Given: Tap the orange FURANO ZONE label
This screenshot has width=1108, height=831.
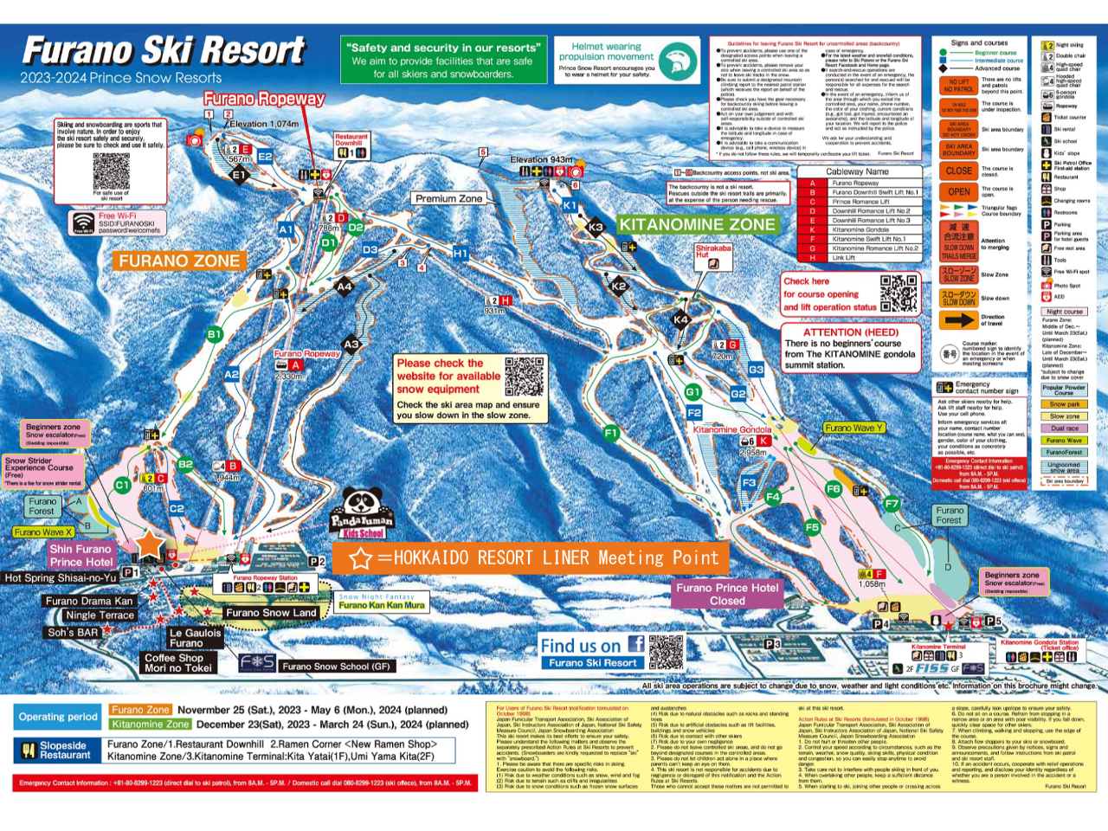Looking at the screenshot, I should tap(179, 261).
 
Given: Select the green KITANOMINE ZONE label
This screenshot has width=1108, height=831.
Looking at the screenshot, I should tap(697, 225).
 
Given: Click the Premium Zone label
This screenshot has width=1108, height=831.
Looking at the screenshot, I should tap(448, 198).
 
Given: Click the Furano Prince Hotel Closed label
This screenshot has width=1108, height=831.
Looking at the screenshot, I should tap(727, 594).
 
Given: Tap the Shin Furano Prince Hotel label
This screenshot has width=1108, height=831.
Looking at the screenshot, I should tap(81, 556).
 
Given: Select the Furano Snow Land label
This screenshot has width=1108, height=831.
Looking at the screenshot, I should tap(271, 613).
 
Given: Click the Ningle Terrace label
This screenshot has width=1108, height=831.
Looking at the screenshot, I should tap(100, 615).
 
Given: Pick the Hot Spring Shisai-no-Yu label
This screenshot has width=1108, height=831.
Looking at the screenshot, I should tap(61, 577).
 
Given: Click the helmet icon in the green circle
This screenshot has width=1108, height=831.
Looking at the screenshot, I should tap(678, 62).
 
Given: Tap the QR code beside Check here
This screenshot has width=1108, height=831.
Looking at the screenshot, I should tap(899, 293).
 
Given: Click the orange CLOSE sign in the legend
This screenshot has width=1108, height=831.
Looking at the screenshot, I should tap(958, 171).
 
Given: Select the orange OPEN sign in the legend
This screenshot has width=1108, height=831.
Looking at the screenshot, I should tap(958, 192).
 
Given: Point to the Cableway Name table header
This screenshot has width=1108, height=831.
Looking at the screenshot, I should tap(857, 171).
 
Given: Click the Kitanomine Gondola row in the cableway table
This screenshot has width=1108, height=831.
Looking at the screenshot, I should tap(860, 229).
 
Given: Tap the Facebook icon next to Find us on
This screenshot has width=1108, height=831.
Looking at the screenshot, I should tap(636, 643).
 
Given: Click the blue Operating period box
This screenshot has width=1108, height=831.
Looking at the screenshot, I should tap(58, 717).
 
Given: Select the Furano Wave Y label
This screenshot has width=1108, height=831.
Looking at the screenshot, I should tap(854, 428).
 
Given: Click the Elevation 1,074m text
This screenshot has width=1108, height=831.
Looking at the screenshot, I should tap(264, 124).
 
